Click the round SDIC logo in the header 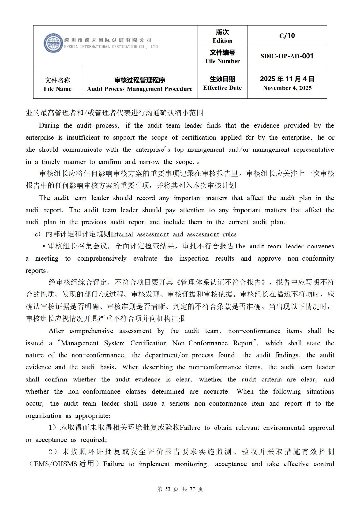coord(53,43)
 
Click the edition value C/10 coord(287,36)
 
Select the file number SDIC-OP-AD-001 coord(287,56)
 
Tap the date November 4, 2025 coord(287,88)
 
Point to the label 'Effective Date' coord(222,88)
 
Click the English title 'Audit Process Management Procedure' coord(140,89)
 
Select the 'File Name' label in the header coord(58,89)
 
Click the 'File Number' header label coord(222,61)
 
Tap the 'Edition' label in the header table coord(222,41)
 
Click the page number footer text coord(180,489)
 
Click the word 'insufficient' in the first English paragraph coord(83,138)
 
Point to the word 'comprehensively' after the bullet coord(102,259)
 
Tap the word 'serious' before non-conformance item coord(179,404)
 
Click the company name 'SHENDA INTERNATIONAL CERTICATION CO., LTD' coord(110,47)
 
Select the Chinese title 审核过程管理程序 coord(140,80)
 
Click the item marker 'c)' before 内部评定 coord(38,234)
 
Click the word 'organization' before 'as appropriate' coord(44,416)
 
